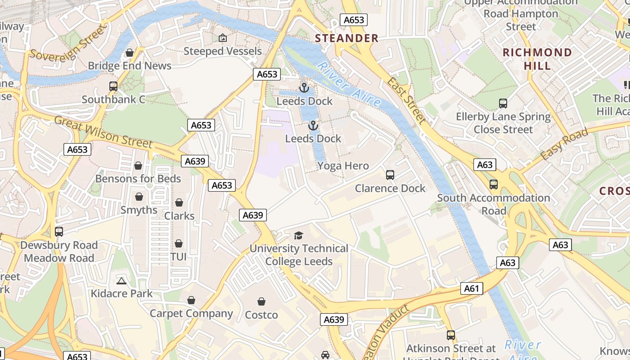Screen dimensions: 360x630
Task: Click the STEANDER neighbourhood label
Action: [x=346, y=38]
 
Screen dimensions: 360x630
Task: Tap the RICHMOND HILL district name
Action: [x=537, y=59]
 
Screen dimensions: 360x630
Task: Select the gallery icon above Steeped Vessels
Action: [x=222, y=38]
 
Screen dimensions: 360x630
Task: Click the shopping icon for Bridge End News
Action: [x=130, y=53]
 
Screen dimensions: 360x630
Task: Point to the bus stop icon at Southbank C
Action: [x=113, y=86]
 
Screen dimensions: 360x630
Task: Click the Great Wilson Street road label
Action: [x=103, y=131]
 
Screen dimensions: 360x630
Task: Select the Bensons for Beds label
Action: [x=138, y=179]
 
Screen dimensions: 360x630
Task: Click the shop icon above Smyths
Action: [x=139, y=197]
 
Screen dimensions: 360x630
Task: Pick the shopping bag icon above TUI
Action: [x=179, y=243]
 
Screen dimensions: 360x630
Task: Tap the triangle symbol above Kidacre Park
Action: [x=121, y=281]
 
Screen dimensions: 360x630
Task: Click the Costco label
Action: [x=261, y=315]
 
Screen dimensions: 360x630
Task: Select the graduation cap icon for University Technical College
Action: [x=298, y=235]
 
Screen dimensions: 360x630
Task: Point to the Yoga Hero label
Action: [x=343, y=166]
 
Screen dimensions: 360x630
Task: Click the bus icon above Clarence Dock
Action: [x=390, y=175]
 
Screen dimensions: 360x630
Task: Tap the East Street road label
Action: [x=406, y=100]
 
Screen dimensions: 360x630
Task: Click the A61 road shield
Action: [x=471, y=288]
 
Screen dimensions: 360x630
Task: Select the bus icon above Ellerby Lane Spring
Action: [x=503, y=103]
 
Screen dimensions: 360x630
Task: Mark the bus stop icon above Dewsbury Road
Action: [x=59, y=232]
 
